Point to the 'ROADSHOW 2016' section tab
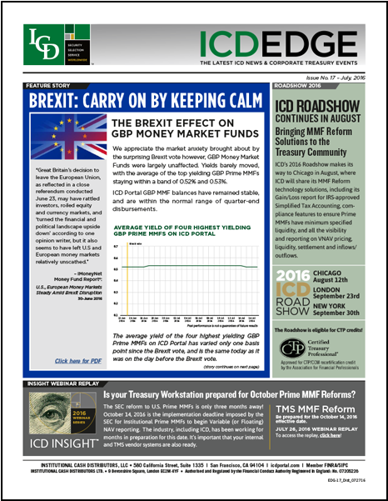click(x=301, y=85)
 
